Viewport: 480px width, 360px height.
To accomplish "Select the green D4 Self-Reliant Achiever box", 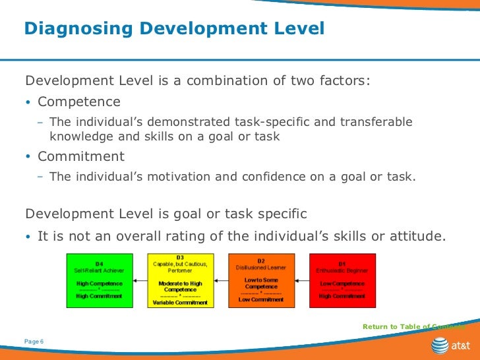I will (99, 280).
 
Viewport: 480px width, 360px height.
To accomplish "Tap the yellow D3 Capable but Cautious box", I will (180, 280).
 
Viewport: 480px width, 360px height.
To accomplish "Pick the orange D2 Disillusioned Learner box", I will (261, 280).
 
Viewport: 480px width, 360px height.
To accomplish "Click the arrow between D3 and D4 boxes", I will (140, 281).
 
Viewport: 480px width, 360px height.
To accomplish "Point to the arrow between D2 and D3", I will (220, 281).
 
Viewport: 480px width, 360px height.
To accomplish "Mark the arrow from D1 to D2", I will (303, 281).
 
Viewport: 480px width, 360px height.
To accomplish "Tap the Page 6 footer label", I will (33, 341).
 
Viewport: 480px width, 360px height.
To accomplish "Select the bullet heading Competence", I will (79, 102).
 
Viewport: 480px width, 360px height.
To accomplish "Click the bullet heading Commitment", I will (81, 157).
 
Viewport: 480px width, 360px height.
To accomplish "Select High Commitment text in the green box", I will (99, 296).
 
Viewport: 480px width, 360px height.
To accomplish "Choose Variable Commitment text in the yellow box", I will (180, 303).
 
